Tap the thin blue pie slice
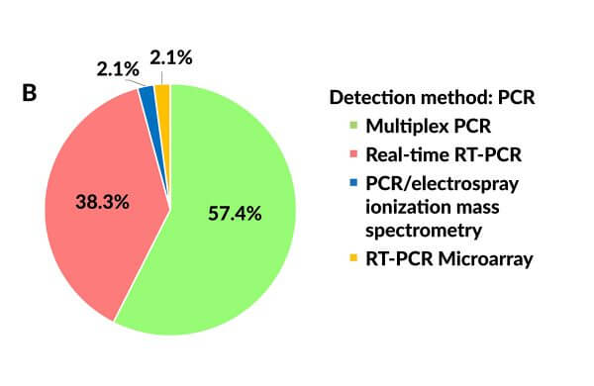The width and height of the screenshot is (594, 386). (148, 96)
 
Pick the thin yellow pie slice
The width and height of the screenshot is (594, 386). (162, 94)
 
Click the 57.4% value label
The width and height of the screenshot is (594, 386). (235, 213)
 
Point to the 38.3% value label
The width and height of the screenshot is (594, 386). (103, 202)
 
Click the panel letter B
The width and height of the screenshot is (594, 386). (31, 94)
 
